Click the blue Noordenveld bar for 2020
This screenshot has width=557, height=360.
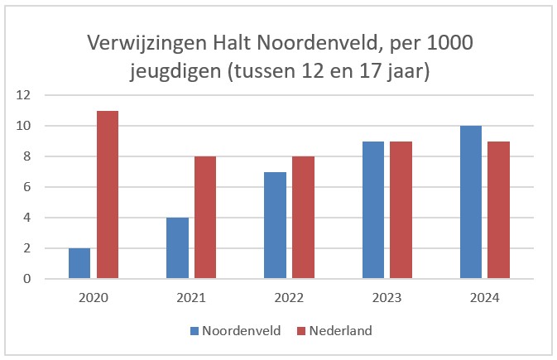[x=79, y=263]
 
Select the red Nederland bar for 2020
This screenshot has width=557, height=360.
[x=108, y=195]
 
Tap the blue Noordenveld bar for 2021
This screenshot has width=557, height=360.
[x=177, y=248]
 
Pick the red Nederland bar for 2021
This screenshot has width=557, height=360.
[x=205, y=218]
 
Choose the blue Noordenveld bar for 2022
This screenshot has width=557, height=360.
[x=275, y=225]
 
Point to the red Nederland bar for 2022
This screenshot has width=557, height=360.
[x=303, y=218]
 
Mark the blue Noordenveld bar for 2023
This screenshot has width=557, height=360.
[x=373, y=210]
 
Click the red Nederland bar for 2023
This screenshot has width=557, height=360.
[x=401, y=210]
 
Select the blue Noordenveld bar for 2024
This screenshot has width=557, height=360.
[x=471, y=203]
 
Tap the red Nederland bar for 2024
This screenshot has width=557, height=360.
[x=499, y=210]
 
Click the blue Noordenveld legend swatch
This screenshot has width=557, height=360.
[x=195, y=331]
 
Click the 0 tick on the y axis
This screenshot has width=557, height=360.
[x=27, y=279]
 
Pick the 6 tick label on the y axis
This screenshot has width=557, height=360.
[x=27, y=187]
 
